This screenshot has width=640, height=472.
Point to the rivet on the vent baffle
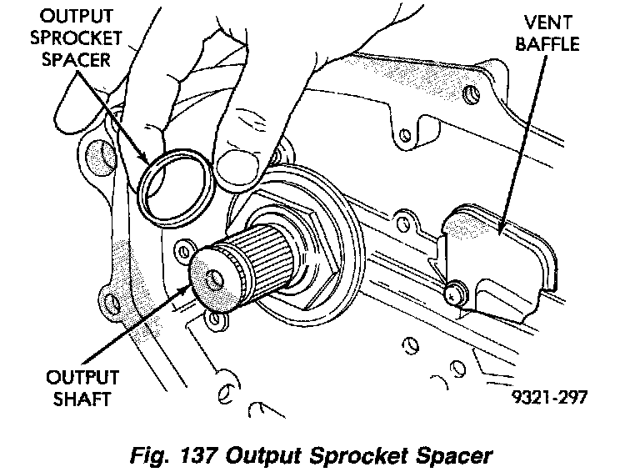pos(455,292)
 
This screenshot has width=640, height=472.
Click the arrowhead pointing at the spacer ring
pos(147,163)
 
